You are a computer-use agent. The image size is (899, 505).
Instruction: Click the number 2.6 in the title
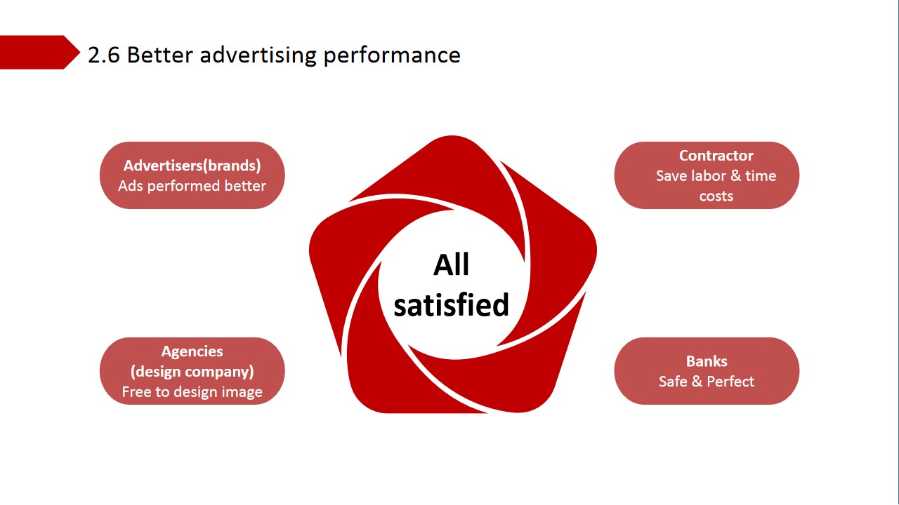tap(104, 55)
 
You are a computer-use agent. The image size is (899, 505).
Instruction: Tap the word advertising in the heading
tap(258, 55)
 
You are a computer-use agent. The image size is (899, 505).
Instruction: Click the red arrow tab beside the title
tap(39, 52)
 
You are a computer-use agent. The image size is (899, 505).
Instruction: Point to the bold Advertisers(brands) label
tap(192, 166)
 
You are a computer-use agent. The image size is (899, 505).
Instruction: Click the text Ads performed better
tap(192, 186)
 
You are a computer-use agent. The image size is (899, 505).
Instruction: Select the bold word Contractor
tap(716, 156)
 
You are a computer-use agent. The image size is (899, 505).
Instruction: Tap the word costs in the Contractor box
tap(716, 196)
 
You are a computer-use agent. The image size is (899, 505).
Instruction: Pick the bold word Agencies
tap(192, 351)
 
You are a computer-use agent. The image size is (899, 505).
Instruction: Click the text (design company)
tap(192, 372)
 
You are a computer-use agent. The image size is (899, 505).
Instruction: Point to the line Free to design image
tap(192, 392)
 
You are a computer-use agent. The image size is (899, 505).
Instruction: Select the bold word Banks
tap(707, 361)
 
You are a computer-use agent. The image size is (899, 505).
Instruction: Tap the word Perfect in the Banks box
tap(730, 382)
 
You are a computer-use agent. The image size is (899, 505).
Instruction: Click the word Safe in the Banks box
tap(673, 382)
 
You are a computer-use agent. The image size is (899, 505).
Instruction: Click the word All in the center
tap(451, 264)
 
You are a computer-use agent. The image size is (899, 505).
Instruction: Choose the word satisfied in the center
tap(451, 305)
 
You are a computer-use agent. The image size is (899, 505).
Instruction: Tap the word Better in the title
tap(159, 55)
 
